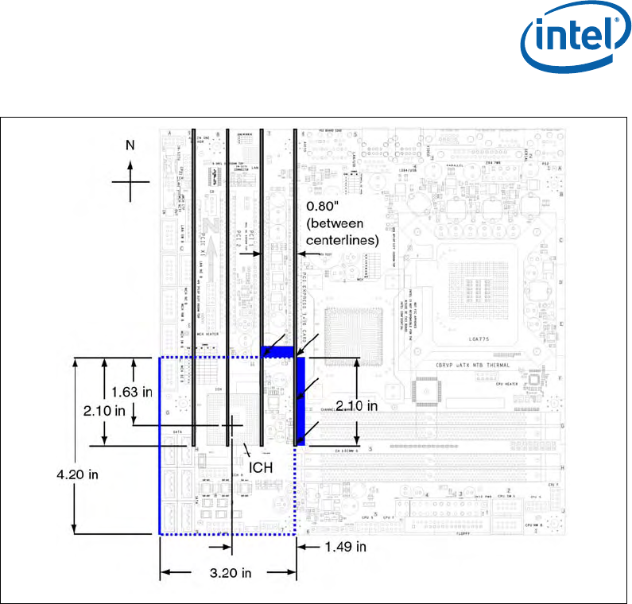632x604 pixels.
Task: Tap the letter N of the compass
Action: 130,145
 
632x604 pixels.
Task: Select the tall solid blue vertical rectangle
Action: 300,401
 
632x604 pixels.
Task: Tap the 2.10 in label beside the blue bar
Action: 355,405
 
